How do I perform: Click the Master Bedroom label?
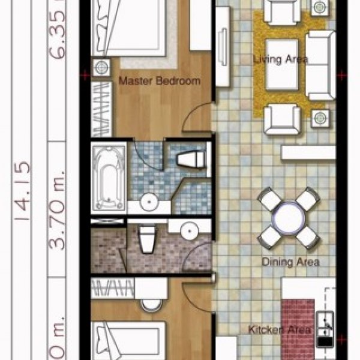click(x=159, y=82)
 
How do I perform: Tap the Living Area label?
click(x=280, y=59)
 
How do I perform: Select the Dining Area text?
click(x=290, y=262)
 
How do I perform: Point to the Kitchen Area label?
click(x=281, y=329)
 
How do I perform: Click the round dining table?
click(x=289, y=218)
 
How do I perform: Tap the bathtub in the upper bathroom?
click(x=109, y=178)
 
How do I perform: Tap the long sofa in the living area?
click(x=320, y=65)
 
